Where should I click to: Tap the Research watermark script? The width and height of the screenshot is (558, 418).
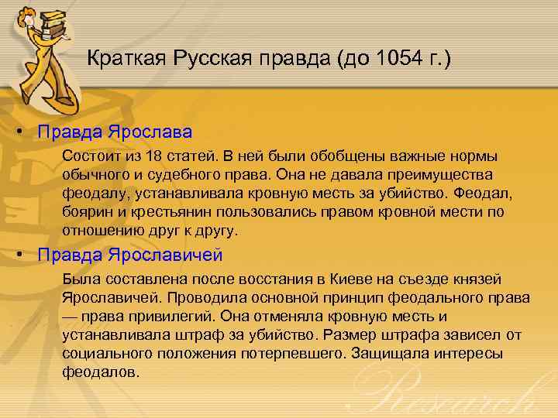(457, 391)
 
